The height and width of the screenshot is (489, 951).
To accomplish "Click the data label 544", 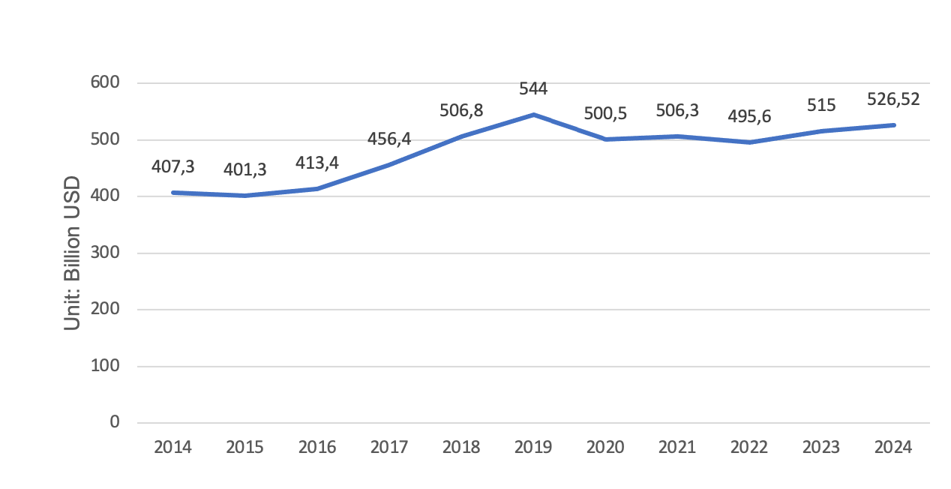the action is (x=533, y=88).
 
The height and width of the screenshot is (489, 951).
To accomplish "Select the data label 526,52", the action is (x=893, y=99).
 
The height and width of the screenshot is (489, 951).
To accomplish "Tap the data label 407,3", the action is (x=172, y=166).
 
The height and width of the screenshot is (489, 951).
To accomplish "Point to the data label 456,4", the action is (x=389, y=139).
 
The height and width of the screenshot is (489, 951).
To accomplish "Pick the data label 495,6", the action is (x=749, y=116).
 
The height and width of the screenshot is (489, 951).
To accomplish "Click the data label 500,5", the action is (x=605, y=113).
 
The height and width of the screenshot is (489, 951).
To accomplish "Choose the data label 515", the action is (x=821, y=105).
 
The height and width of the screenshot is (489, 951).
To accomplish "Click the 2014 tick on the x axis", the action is (x=172, y=448).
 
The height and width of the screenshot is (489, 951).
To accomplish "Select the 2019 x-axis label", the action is (x=533, y=448).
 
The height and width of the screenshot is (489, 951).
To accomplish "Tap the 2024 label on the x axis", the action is (x=893, y=448).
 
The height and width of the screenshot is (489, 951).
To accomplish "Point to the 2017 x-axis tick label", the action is (x=389, y=448).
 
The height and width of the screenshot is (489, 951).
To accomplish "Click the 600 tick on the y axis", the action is (x=105, y=82).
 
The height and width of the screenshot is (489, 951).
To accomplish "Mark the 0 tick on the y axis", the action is (x=115, y=422).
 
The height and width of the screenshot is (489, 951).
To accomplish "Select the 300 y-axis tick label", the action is (x=105, y=252).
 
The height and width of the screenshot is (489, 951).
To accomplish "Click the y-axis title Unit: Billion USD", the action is (x=72, y=253).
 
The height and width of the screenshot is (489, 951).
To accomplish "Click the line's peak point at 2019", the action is (x=533, y=115).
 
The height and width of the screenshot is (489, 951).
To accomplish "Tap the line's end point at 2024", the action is (x=894, y=125).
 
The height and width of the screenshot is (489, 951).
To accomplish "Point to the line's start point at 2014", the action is (x=173, y=193).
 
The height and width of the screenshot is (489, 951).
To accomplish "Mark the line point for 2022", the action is (x=749, y=142).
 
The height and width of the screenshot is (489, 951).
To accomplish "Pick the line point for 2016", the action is (x=317, y=189).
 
